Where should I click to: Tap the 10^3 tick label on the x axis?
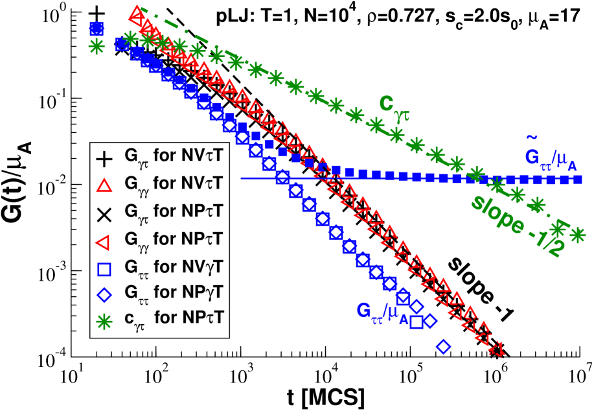point(240,375)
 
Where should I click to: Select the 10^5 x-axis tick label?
point(410,375)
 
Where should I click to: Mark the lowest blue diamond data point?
point(444,347)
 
